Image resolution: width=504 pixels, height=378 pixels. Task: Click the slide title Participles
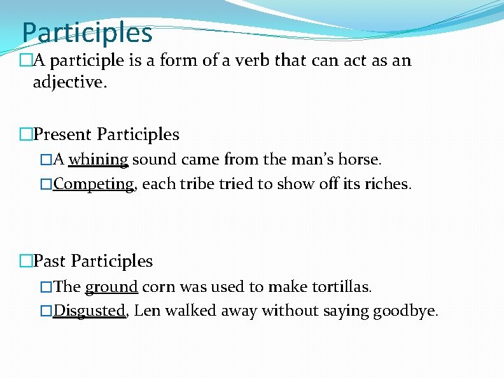coord(87,32)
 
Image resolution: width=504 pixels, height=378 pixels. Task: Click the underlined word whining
coord(98,160)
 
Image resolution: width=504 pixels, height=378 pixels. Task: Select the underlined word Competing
coord(93,184)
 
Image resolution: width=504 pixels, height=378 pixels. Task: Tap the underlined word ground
coord(111,287)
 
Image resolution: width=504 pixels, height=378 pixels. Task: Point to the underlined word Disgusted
coord(90,311)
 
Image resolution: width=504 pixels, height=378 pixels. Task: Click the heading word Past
coord(50,261)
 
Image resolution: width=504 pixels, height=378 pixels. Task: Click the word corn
coord(158,287)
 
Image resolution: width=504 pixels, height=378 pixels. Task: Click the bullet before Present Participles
coord(27,134)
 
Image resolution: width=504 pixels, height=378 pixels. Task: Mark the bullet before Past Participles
coord(27,261)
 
